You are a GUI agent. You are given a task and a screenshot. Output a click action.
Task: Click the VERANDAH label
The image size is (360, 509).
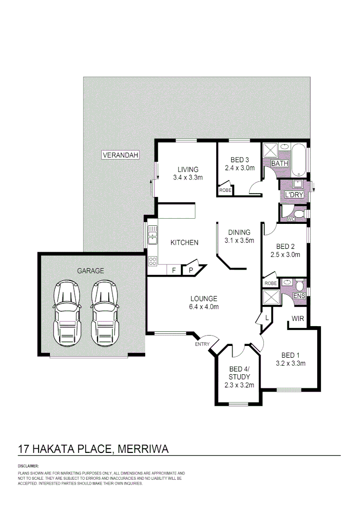[x=121, y=155]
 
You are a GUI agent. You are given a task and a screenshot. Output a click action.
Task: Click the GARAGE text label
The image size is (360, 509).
[x=90, y=271]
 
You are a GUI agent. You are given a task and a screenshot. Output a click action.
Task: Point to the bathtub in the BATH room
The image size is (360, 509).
[x=299, y=159]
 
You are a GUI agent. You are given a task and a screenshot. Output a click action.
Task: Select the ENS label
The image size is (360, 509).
[x=299, y=296]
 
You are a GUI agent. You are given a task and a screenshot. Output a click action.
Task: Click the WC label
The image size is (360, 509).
[x=291, y=219]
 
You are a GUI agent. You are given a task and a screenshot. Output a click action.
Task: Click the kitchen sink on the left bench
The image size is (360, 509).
[x=152, y=235]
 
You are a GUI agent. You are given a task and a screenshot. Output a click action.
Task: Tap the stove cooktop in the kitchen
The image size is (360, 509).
[x=153, y=261]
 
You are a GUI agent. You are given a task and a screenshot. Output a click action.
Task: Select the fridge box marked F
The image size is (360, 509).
[x=173, y=270]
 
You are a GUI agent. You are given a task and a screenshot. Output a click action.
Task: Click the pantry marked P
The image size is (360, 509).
[x=191, y=270]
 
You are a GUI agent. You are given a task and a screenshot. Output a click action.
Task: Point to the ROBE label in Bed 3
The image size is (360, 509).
[x=225, y=190]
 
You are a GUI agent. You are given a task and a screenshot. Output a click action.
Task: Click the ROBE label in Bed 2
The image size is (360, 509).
[x=270, y=283]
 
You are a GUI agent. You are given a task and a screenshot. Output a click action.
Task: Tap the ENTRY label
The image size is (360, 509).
[x=202, y=344]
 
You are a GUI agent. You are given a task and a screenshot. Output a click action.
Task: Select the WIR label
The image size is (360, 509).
[x=297, y=319]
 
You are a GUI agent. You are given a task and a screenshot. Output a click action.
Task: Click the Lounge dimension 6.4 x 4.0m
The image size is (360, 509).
[x=204, y=306]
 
